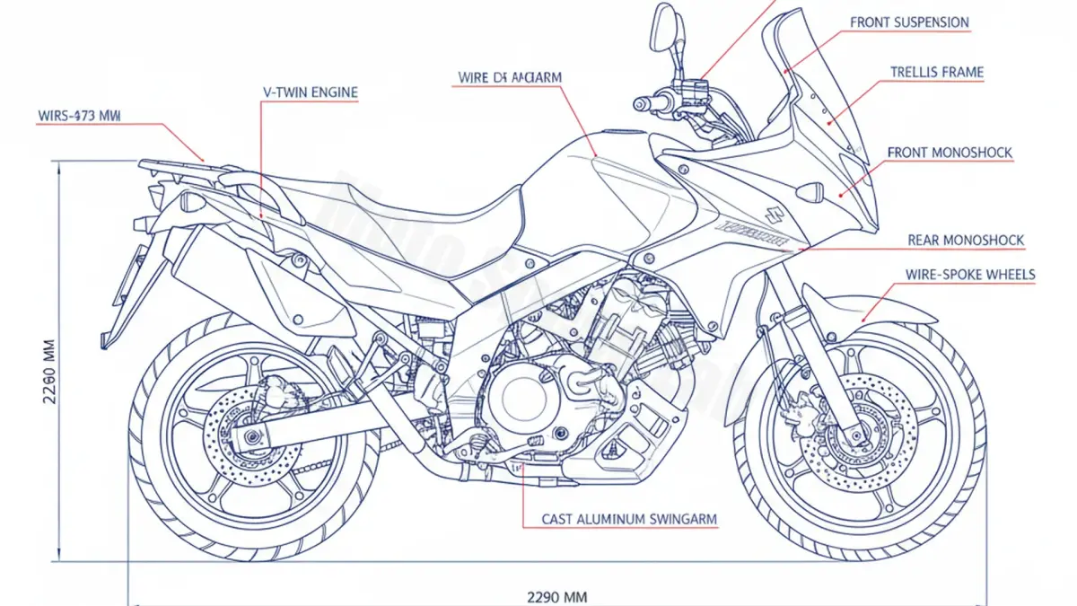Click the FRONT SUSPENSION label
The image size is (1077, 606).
tap(909, 22)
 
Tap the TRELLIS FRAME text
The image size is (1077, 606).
tap(936, 72)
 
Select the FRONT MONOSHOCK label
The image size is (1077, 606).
tap(950, 153)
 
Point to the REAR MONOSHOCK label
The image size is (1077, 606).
tap(966, 241)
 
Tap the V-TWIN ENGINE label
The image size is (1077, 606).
tap(310, 92)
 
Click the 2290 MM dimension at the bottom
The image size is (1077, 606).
tap(556, 595)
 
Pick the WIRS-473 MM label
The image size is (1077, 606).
tap(79, 116)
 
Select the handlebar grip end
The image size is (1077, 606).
tap(641, 103)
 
